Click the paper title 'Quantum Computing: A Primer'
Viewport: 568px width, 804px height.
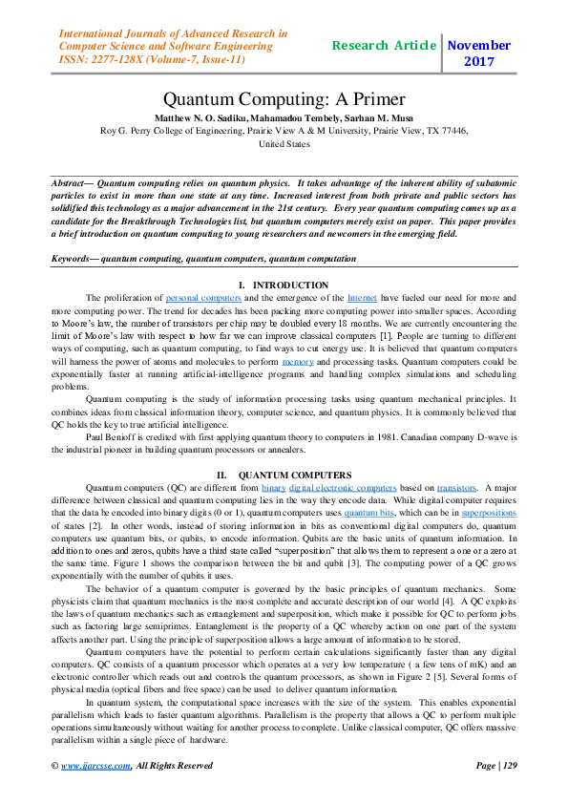click(284, 99)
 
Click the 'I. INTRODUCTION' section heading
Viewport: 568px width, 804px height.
click(284, 286)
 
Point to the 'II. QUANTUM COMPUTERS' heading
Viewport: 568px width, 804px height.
click(284, 475)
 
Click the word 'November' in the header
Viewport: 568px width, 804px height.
click(478, 46)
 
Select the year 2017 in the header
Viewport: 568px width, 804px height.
click(478, 62)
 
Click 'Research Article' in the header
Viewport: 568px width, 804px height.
click(385, 46)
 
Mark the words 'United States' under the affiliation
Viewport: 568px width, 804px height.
click(284, 144)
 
